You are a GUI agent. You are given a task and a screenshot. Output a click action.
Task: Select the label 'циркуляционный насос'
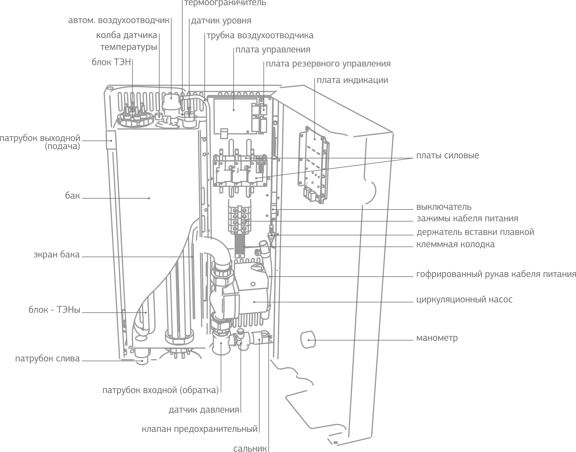[x=464, y=299]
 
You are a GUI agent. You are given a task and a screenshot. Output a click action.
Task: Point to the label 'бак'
[x=72, y=196]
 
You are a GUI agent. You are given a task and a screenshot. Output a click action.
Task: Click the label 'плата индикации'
[x=352, y=80]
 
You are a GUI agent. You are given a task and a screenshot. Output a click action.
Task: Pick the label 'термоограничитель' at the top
[x=225, y=3]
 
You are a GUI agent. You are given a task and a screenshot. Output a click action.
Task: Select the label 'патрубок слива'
[x=47, y=359]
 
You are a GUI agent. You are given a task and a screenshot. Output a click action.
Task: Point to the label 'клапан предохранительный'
[x=200, y=429]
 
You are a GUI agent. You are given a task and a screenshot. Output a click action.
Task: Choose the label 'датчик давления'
[x=204, y=410]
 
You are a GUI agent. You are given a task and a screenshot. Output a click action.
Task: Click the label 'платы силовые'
[x=447, y=155]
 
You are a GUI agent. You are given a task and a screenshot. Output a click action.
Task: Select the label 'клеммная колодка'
[x=455, y=244]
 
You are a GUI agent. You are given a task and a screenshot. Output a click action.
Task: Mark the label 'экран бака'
[x=56, y=255]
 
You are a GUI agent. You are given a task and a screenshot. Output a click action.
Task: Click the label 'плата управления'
[x=273, y=50]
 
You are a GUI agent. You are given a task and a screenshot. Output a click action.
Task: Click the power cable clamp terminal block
[x=240, y=219]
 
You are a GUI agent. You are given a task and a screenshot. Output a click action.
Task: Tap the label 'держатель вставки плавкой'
[x=475, y=232]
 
